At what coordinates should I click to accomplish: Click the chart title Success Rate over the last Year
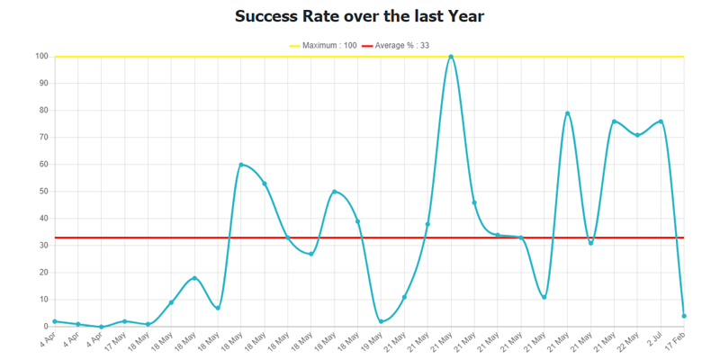point(359,16)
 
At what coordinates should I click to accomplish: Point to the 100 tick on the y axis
point(41,57)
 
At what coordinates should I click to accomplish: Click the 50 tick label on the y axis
point(43,192)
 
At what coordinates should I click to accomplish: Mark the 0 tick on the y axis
point(46,327)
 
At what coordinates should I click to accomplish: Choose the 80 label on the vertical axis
point(43,111)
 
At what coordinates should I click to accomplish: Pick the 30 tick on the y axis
point(43,246)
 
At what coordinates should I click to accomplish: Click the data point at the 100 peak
point(451,57)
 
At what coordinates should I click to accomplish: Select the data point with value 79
point(568,113)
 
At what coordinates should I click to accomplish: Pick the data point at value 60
point(241,165)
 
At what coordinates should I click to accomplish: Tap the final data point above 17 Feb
point(684,316)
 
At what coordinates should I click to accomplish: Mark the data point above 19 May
point(382,321)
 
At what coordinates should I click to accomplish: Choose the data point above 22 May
point(637,135)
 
